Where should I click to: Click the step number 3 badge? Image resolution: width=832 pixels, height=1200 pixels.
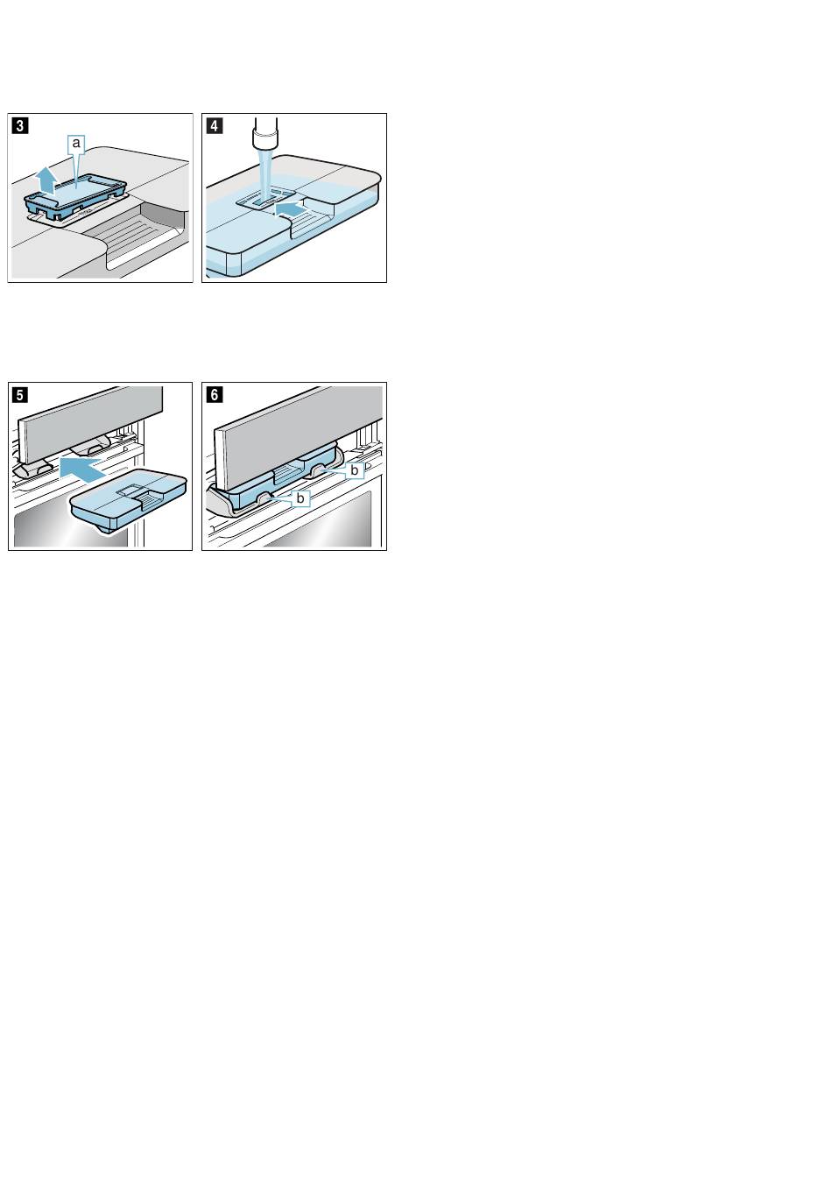pyautogui.click(x=20, y=126)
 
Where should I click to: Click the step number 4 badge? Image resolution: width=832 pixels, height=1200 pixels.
pyautogui.click(x=215, y=126)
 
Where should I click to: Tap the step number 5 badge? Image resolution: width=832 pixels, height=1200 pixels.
pyautogui.click(x=20, y=395)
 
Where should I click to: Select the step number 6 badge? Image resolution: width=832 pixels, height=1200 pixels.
pyautogui.click(x=215, y=395)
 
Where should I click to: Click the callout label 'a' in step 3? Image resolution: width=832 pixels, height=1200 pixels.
pyautogui.click(x=76, y=143)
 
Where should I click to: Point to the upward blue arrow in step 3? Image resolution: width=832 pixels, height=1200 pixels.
pyautogui.click(x=46, y=180)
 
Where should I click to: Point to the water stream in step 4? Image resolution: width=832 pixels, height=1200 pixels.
pyautogui.click(x=264, y=174)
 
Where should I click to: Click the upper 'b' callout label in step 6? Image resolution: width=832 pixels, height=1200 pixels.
pyautogui.click(x=354, y=469)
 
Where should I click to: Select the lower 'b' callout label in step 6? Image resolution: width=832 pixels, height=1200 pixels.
pyautogui.click(x=300, y=498)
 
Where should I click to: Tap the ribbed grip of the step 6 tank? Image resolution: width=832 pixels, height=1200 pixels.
pyautogui.click(x=286, y=474)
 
